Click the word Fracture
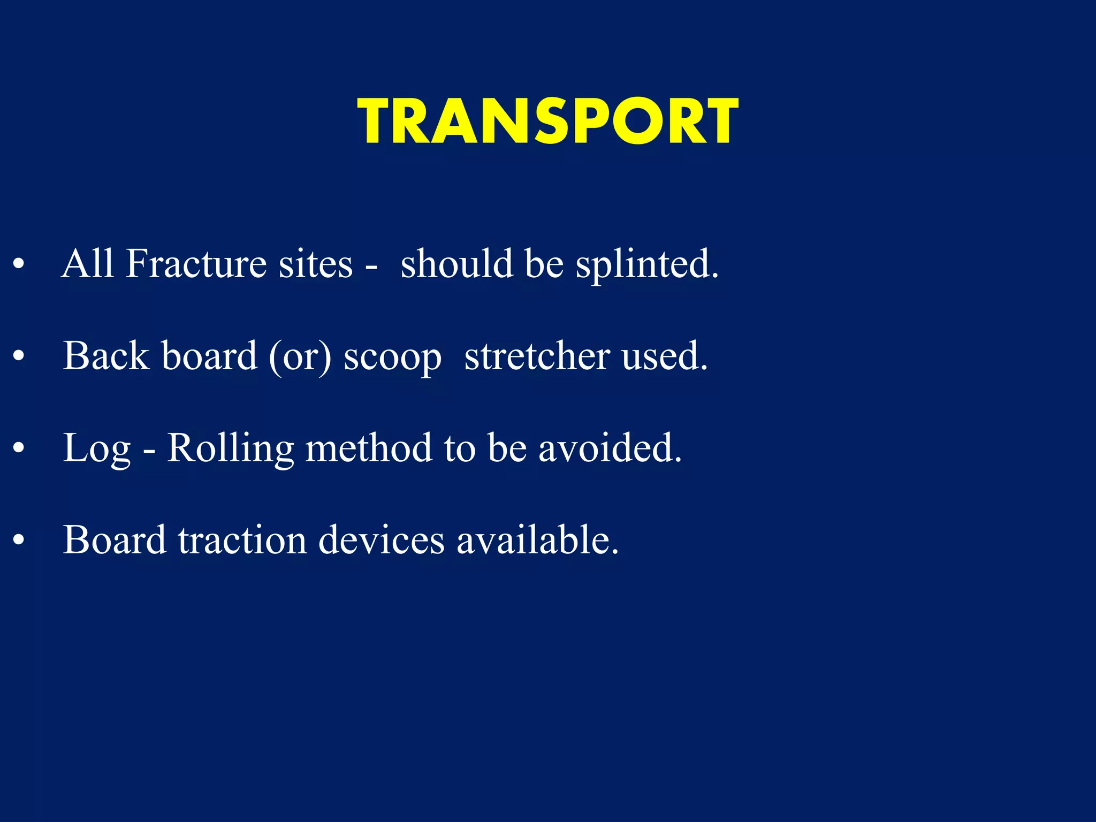195,264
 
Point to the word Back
106,356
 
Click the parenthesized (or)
300,357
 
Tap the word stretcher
537,356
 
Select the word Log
97,449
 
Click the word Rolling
231,449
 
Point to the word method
368,448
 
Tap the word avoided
610,448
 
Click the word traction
242,540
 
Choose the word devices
381,540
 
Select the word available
537,540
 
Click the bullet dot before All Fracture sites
19,264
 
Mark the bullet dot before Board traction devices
19,540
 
